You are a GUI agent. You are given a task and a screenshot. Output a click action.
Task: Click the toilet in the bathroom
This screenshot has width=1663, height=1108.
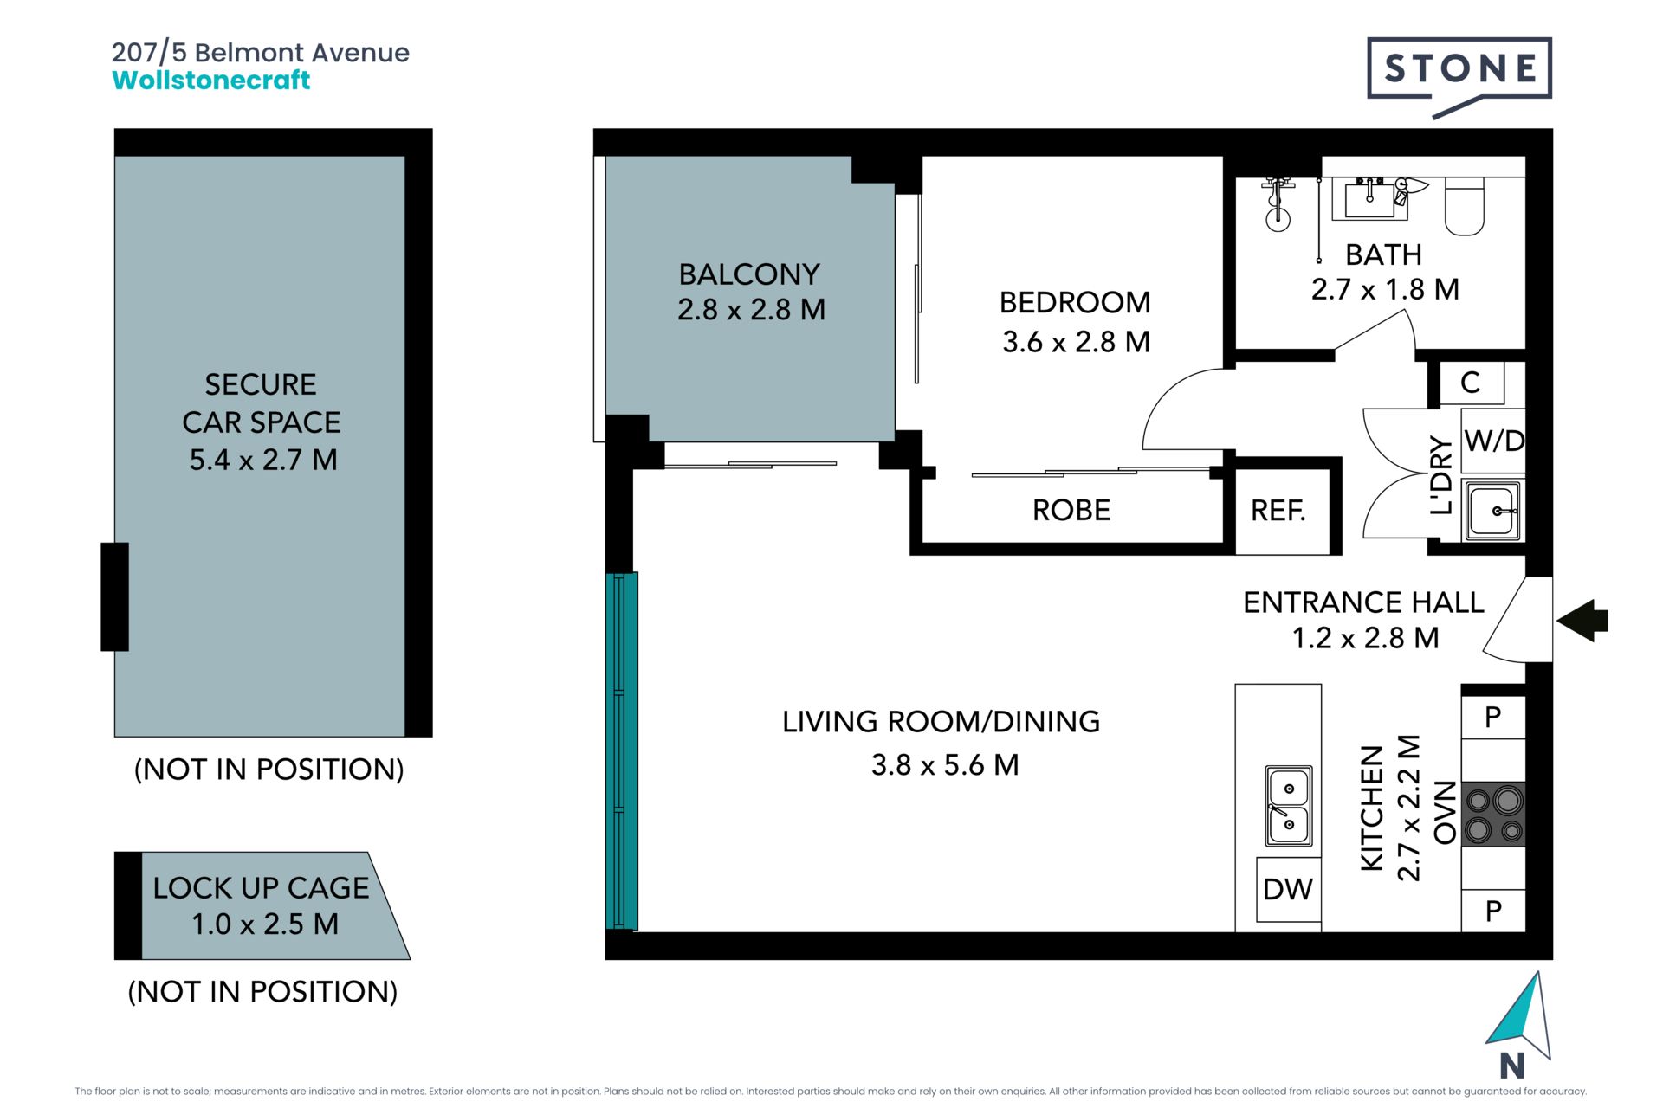coord(1465,206)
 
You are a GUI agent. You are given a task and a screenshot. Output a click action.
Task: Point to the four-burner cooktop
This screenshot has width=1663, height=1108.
coord(1493,814)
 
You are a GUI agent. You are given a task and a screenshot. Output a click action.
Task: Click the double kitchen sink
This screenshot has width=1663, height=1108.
coord(1289,806)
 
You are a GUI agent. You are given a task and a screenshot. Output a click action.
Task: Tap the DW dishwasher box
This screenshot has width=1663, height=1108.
coord(1288,890)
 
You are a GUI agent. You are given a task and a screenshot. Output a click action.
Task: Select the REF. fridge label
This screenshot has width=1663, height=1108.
coord(1278,511)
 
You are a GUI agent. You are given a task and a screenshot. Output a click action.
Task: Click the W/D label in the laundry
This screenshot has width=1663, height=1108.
coord(1494,441)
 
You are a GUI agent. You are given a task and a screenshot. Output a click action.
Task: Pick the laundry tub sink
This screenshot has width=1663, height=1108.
coord(1492,511)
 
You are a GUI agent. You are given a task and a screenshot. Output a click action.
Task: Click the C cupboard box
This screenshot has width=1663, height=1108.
coord(1472,383)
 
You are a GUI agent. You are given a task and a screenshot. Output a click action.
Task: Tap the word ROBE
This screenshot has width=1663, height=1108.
coord(1071,510)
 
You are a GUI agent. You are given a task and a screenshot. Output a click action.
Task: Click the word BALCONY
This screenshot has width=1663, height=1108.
coord(749,274)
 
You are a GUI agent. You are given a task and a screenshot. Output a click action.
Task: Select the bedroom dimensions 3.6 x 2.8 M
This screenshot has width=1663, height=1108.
coord(1077,342)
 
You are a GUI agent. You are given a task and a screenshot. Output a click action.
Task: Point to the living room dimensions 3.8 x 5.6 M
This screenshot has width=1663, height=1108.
coord(945,765)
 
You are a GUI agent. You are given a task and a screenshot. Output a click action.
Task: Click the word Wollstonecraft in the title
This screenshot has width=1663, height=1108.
coord(211,80)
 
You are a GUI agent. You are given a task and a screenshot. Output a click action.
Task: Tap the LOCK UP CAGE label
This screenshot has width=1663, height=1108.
coord(261,887)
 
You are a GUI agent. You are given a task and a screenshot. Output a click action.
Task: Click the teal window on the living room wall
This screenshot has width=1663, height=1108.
coord(621,750)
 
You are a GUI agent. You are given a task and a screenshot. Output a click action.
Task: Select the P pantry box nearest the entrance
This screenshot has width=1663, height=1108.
coord(1493,717)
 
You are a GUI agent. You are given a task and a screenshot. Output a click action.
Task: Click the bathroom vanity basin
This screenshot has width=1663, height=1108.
coord(1370,198)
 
